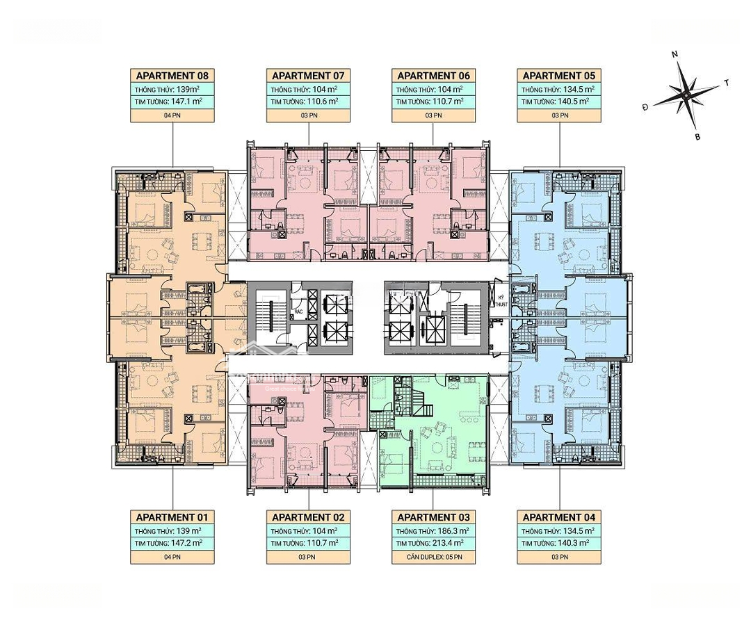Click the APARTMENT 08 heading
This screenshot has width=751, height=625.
[172, 76]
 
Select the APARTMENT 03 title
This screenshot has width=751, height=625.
[433, 517]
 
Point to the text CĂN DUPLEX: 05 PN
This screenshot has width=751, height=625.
[433, 557]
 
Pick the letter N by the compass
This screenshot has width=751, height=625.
[675, 54]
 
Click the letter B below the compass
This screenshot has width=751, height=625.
[697, 137]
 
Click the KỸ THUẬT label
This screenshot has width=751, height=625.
[500, 301]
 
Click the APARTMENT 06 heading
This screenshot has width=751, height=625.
[433, 76]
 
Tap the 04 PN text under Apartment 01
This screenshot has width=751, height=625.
[172, 557]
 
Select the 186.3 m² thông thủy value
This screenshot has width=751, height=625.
[453, 530]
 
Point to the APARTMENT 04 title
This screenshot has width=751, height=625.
[558, 517]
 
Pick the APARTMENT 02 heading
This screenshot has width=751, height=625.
[308, 517]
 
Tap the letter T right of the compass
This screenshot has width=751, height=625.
[726, 83]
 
